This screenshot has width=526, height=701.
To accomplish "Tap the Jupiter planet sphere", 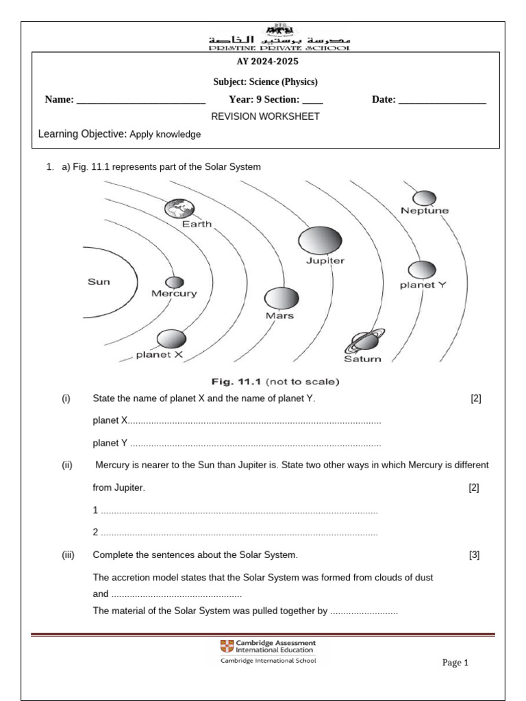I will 319,240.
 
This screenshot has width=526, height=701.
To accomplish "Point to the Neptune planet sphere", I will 424,197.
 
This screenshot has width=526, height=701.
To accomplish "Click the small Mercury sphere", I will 175,282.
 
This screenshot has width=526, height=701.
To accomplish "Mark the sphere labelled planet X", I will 171,339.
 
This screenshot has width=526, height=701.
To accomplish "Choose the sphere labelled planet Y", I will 421,270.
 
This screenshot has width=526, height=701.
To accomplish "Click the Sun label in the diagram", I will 99,281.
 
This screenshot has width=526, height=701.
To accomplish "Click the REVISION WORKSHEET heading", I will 265,116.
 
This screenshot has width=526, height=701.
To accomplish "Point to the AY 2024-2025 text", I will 265,62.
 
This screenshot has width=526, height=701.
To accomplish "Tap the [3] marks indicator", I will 474,555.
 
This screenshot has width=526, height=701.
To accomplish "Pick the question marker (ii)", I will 67,466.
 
